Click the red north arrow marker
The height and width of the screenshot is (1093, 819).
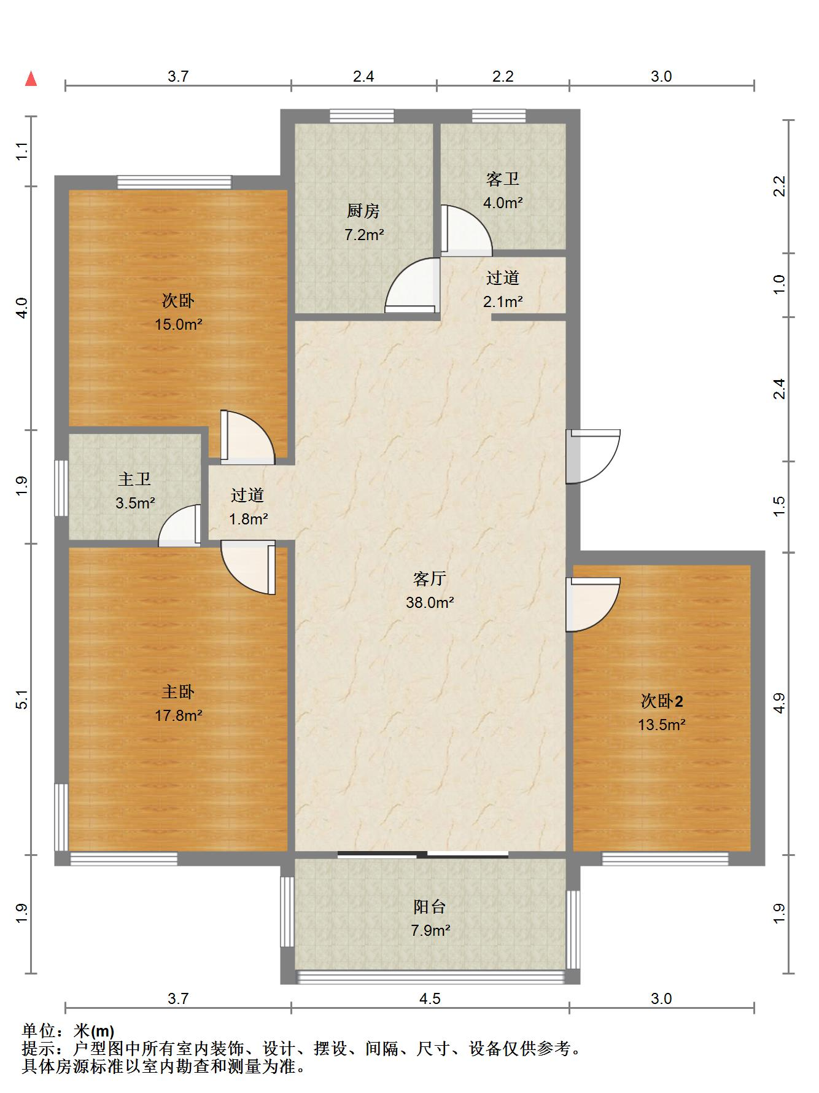pyautogui.click(x=31, y=79)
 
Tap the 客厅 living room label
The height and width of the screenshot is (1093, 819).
pyautogui.click(x=429, y=578)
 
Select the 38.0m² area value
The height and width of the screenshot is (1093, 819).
pyautogui.click(x=430, y=602)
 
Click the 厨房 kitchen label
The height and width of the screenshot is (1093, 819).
pyautogui.click(x=363, y=211)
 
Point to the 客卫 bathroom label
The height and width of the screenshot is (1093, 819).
pyautogui.click(x=503, y=179)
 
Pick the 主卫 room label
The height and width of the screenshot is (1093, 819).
pyautogui.click(x=134, y=479)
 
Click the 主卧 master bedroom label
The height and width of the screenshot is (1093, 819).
pyautogui.click(x=178, y=692)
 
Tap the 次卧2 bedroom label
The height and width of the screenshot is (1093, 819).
pyautogui.click(x=662, y=701)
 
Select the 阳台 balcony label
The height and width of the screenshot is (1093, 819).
pyautogui.click(x=430, y=906)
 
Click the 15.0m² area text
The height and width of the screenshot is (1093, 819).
pyautogui.click(x=179, y=324)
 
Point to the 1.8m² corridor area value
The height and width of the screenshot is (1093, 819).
pyautogui.click(x=249, y=519)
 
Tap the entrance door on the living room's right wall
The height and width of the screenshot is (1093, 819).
pyautogui.click(x=593, y=456)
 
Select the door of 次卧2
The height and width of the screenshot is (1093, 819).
pyautogui.click(x=593, y=604)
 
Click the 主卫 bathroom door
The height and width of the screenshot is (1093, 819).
pyautogui.click(x=179, y=526)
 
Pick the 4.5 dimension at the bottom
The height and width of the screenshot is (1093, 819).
pyautogui.click(x=430, y=999)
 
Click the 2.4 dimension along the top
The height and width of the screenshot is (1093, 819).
pyautogui.click(x=363, y=76)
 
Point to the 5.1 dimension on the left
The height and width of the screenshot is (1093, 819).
pyautogui.click(x=22, y=700)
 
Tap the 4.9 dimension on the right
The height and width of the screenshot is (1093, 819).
pyautogui.click(x=779, y=703)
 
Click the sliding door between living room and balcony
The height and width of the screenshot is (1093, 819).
pyautogui.click(x=423, y=854)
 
